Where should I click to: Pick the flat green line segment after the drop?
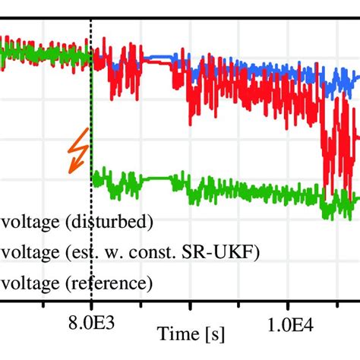pyautogui.click(x=156, y=178)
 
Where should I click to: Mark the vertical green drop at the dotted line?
pyautogui.click(x=92, y=122)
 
